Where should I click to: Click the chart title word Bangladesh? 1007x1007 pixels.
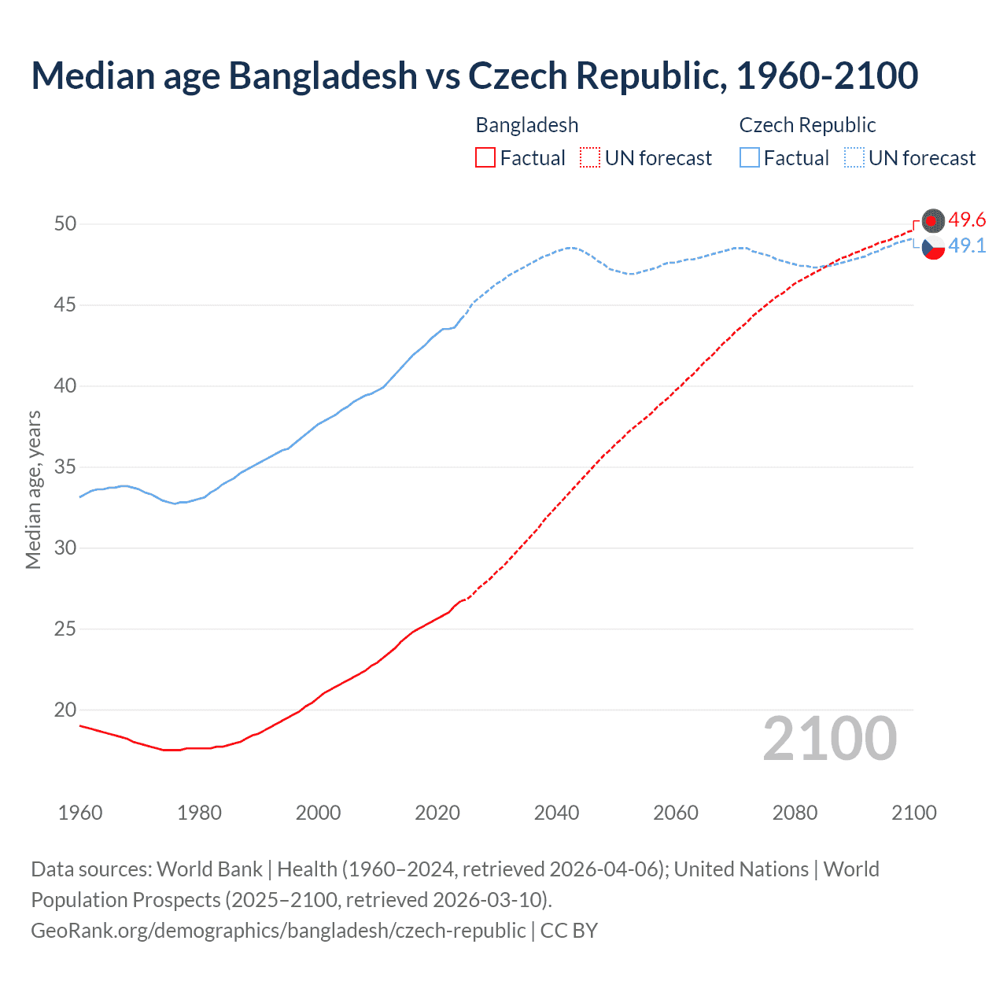323,76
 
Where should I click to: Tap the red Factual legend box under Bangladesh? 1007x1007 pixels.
485,157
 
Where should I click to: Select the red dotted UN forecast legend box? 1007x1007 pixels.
590,157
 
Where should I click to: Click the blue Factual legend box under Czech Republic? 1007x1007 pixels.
749,157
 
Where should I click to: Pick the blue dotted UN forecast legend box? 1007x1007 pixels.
854,157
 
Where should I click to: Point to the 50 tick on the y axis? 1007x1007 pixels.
65,223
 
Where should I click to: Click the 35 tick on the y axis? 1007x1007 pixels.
65,467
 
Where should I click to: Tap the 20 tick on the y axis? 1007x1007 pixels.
65,710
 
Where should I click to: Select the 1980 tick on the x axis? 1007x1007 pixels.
199,813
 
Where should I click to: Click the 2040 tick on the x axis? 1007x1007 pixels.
556,813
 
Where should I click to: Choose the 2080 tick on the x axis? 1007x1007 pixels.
795,813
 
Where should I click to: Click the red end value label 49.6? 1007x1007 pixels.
967,219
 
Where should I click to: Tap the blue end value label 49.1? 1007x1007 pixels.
967,245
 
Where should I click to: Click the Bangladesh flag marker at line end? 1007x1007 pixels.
933,221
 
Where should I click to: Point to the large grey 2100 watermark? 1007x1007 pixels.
829,738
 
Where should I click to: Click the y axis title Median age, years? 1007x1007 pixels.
33,489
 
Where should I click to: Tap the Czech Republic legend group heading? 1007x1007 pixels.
807,125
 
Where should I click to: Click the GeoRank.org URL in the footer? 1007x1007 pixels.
278,930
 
